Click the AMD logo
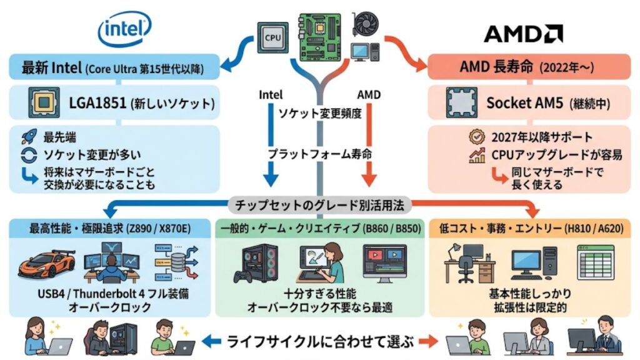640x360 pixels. (x=522, y=33)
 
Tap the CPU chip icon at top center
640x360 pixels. (x=272, y=37)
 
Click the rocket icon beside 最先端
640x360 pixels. (x=27, y=136)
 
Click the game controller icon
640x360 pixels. (x=241, y=276)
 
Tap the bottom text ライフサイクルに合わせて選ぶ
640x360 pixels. (x=320, y=341)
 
